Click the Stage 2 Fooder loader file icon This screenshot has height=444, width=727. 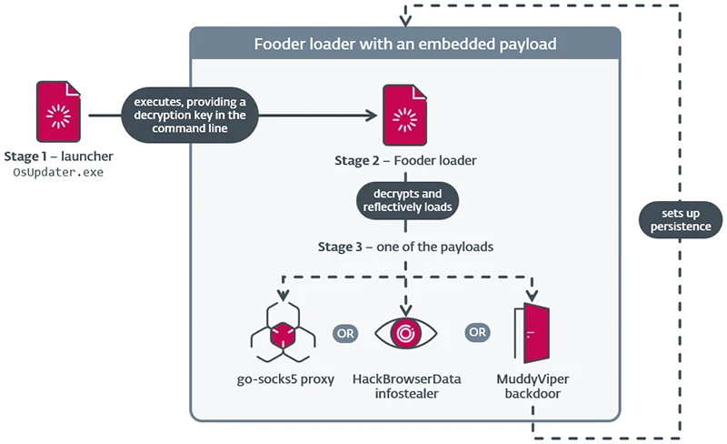coord(404,116)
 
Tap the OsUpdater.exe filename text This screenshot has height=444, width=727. coord(58,172)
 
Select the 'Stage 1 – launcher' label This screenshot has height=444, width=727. coord(58,156)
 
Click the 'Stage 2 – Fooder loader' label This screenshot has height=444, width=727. coord(404,161)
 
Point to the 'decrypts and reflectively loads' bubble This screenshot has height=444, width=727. coord(404,199)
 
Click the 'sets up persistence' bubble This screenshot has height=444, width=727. coord(681,219)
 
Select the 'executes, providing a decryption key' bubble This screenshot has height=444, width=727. coord(190,116)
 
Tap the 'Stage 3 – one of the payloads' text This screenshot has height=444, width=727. coord(404,247)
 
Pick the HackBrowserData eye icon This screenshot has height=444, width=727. coord(405,333)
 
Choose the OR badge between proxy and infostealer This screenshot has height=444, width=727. coord(344,332)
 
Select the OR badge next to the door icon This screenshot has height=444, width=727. coord(477,332)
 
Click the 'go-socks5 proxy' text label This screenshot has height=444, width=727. coord(284,378)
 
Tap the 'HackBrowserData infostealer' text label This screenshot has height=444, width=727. coord(406,385)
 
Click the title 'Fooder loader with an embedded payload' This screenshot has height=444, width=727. coord(404,43)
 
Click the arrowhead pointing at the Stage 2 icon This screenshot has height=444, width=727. coord(372,116)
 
